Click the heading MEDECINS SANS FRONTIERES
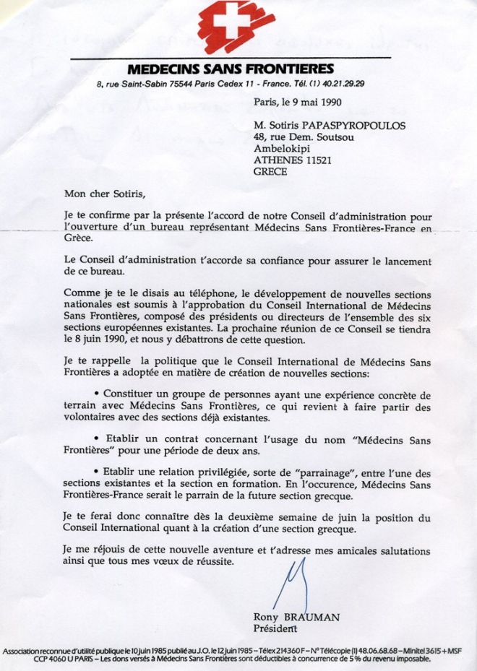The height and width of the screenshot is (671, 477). point(231,69)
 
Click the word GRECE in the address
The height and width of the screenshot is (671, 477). point(270,172)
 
